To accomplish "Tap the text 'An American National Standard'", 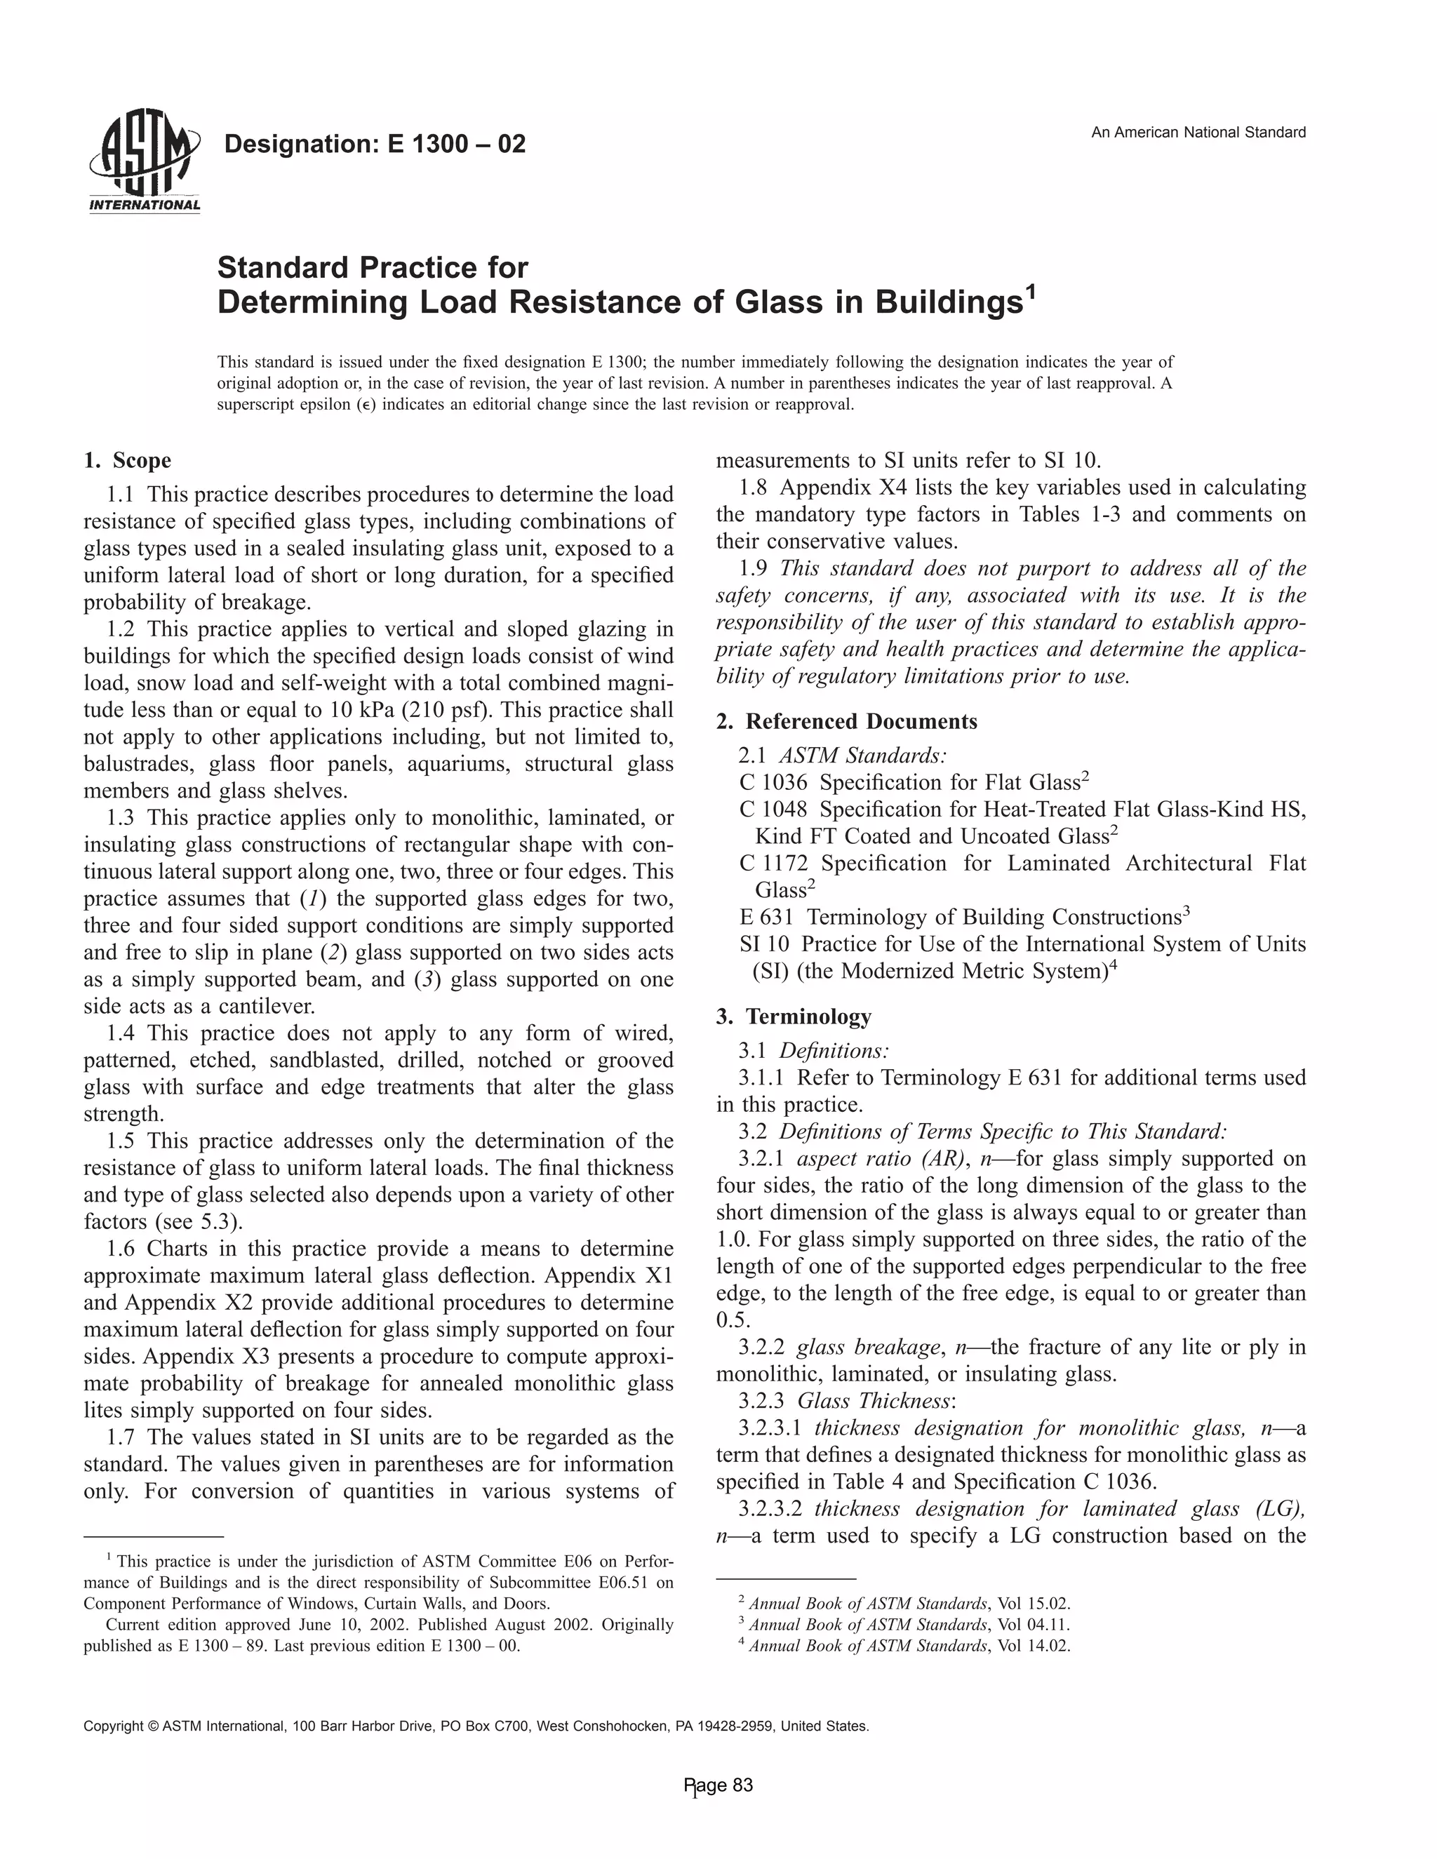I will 1198,132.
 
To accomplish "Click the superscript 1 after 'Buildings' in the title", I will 1031,295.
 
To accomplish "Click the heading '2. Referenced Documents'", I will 846,721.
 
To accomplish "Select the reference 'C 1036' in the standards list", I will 774,782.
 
